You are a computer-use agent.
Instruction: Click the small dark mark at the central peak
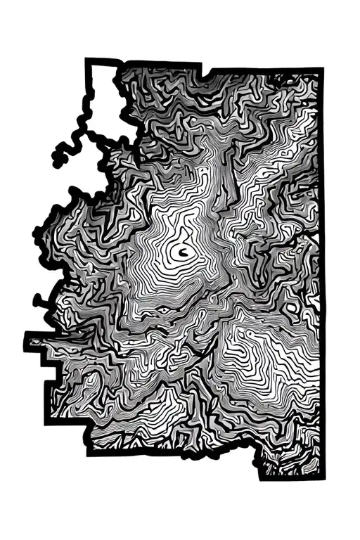point(182,252)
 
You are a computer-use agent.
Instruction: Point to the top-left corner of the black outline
point(89,61)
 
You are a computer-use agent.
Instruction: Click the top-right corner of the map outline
point(321,70)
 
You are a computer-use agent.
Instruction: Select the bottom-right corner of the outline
point(326,477)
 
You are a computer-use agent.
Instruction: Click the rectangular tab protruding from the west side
point(39,340)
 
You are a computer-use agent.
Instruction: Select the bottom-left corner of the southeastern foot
point(262,477)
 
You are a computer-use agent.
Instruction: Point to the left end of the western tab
point(27,340)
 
